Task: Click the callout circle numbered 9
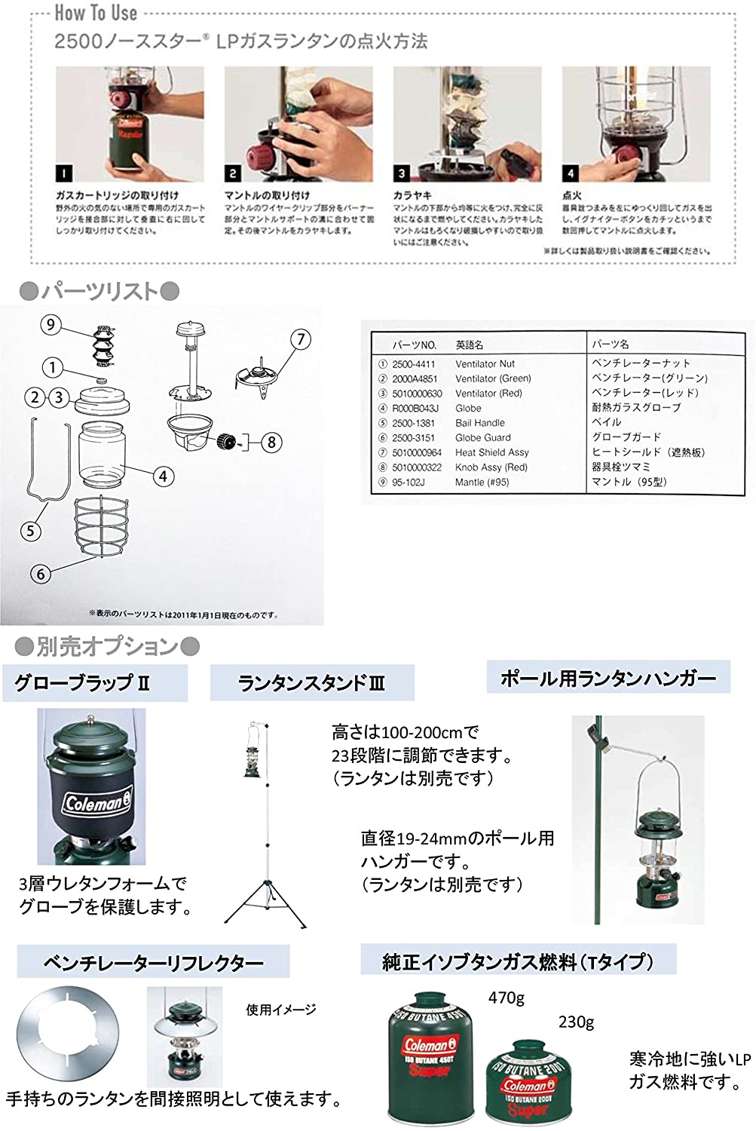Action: tap(51, 325)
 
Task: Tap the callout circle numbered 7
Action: tap(300, 339)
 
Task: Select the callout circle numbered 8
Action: tap(272, 442)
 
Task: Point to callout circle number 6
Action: tap(41, 574)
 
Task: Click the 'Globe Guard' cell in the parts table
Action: tap(482, 437)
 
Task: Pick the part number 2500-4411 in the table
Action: tap(413, 363)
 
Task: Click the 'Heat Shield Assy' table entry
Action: tap(491, 452)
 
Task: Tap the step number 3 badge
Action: tap(402, 173)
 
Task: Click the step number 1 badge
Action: tap(64, 173)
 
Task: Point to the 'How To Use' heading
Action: tap(96, 13)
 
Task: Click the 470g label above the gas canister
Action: tap(507, 998)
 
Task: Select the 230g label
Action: tap(576, 1022)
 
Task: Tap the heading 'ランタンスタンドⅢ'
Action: tap(311, 683)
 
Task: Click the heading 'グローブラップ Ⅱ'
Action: tap(82, 683)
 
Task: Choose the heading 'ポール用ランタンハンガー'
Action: tap(608, 679)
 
